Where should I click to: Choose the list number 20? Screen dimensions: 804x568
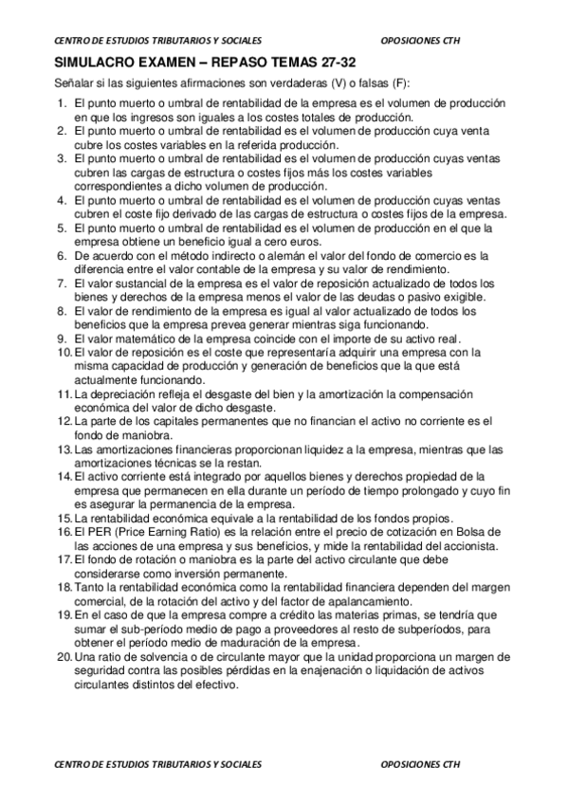64,659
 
